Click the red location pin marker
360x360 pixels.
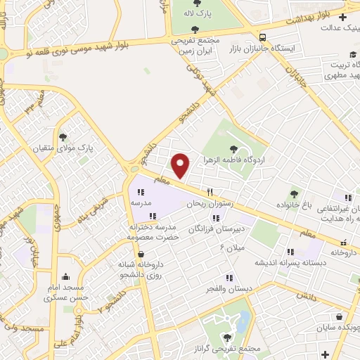pos(181,165)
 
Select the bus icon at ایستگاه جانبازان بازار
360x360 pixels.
pos(262,37)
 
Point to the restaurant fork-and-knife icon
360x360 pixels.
pos(209,191)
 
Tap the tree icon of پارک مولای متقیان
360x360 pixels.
pos(63,137)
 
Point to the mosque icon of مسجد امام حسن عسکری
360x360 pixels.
pos(65,276)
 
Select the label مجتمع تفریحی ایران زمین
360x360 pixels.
pos(196,46)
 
